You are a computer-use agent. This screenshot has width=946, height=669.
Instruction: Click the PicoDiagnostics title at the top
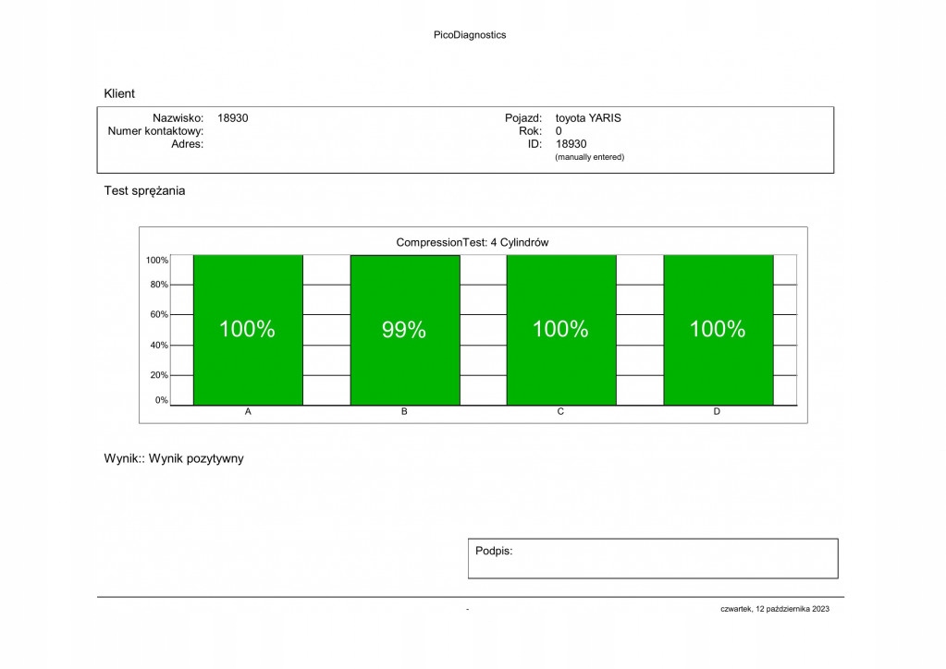coord(470,35)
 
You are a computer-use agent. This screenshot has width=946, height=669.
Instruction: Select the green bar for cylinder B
coord(404,370)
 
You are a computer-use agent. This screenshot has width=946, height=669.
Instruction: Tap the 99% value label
coord(404,330)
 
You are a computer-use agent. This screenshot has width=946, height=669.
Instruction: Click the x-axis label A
coord(248,412)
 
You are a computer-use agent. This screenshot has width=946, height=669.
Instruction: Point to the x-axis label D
coord(717,412)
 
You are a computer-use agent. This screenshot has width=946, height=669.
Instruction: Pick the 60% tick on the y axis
coord(158,315)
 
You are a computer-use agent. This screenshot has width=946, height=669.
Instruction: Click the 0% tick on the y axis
coord(161,401)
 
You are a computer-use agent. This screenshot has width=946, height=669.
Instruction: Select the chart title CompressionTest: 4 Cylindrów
coord(473,242)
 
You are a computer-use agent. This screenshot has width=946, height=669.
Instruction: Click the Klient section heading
coord(119,93)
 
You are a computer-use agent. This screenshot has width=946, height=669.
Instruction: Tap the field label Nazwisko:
coord(178,118)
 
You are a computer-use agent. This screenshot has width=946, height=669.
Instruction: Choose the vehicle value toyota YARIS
coord(588,118)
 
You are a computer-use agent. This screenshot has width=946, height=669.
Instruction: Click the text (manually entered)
coord(589,157)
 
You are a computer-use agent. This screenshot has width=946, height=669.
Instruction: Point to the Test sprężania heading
coord(144,191)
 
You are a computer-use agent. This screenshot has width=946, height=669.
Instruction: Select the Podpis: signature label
coord(494,551)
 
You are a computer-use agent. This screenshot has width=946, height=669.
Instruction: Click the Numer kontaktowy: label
coord(155,131)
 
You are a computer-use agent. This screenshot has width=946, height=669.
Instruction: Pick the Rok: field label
coord(530,131)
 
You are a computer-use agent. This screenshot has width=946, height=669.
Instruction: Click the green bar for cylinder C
coord(560,370)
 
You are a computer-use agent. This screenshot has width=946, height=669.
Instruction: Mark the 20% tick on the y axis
coord(158,376)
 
